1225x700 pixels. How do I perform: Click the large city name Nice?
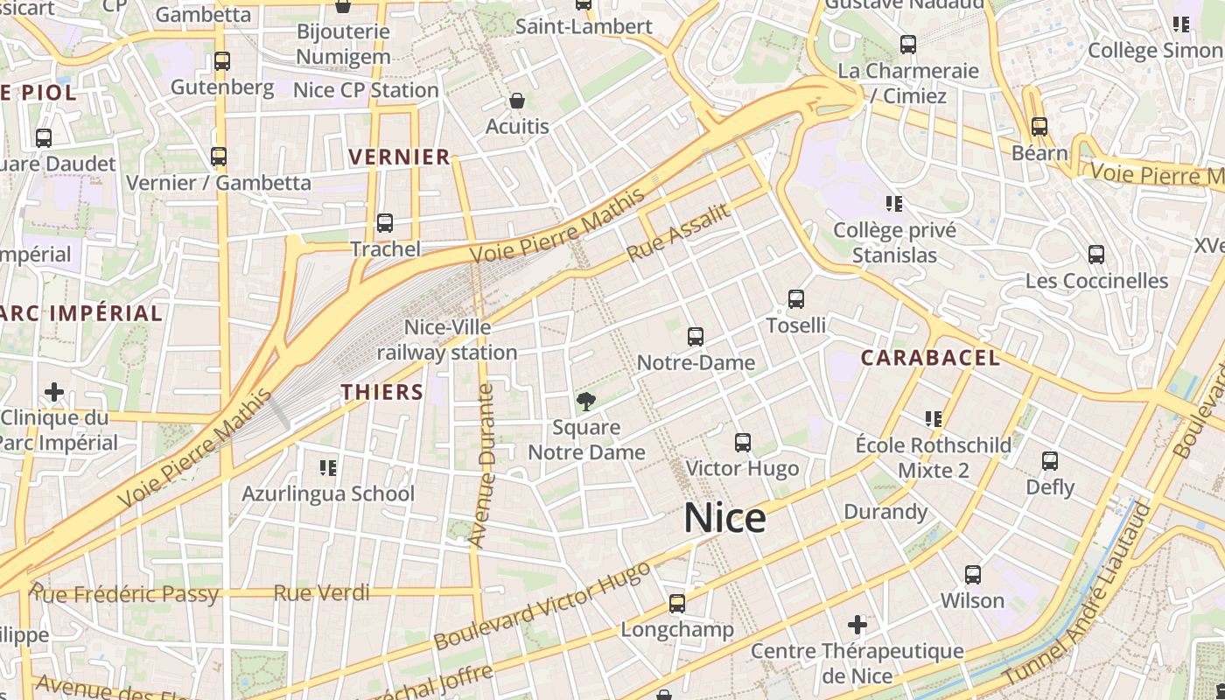724,517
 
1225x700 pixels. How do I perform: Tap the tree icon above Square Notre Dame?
586,402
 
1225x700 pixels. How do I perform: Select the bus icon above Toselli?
796,299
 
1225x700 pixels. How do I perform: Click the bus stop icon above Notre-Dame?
696,337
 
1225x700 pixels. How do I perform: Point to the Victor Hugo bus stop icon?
743,443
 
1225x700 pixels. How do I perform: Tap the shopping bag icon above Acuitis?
517,101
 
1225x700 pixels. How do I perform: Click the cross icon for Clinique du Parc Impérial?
54,391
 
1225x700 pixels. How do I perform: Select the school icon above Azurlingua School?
328,468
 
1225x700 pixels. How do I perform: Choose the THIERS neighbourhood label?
382,392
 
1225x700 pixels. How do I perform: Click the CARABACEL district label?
930,357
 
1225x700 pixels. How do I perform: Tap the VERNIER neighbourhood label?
399,157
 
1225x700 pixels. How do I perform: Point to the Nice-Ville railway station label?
447,339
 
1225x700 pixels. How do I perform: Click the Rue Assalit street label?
678,232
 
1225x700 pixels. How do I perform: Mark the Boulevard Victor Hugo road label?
542,605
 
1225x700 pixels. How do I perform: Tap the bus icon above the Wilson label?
973,575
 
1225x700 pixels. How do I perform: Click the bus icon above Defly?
1050,461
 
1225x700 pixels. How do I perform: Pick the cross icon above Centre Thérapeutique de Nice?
857,625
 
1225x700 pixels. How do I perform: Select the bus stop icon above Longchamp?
677,604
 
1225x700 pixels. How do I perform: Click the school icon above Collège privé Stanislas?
894,204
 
